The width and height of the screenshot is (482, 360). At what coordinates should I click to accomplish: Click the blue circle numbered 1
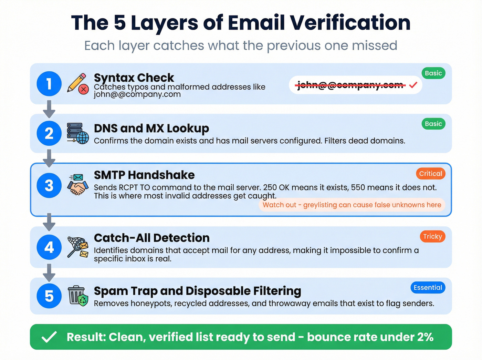(x=49, y=84)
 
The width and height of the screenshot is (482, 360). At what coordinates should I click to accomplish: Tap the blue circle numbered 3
(x=49, y=185)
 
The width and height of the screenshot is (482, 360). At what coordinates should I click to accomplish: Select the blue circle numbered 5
(x=49, y=296)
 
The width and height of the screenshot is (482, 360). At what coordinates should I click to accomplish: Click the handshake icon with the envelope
(x=78, y=185)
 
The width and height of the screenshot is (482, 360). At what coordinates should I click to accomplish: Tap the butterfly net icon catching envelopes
(x=78, y=247)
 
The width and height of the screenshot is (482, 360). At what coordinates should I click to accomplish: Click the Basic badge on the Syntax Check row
(x=433, y=73)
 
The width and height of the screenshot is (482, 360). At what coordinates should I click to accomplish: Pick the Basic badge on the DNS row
(x=433, y=124)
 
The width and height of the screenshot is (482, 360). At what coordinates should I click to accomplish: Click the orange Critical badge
(x=430, y=174)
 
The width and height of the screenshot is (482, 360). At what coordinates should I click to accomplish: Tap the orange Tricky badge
(x=432, y=236)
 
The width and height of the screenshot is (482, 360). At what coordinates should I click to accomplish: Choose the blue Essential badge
(x=428, y=288)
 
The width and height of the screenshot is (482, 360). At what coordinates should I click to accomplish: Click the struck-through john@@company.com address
(x=350, y=85)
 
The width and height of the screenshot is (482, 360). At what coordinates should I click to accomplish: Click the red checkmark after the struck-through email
(x=413, y=85)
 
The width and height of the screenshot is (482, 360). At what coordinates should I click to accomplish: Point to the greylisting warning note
(x=352, y=205)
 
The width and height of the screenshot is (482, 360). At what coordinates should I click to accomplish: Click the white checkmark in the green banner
(x=49, y=337)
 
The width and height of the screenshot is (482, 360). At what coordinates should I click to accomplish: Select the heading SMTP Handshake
(x=144, y=175)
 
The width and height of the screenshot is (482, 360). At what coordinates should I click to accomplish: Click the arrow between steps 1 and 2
(x=49, y=109)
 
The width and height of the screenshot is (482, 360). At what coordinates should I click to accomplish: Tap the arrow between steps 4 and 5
(x=49, y=272)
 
